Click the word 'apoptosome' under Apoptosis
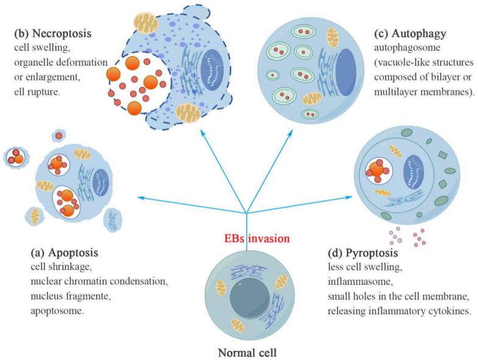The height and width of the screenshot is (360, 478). [59, 309]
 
